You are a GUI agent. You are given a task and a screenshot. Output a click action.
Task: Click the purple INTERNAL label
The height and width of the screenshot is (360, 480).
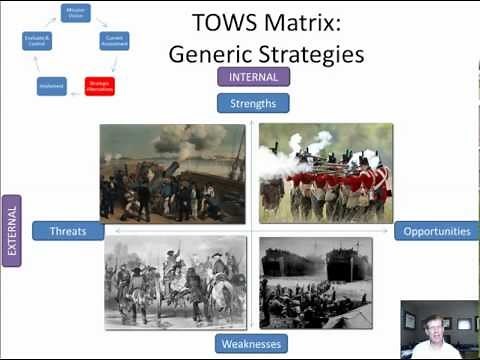coord(253,76)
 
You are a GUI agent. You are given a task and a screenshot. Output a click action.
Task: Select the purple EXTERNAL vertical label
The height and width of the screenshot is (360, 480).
coord(13,231)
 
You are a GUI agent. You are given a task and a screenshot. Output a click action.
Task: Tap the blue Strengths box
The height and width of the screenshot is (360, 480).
coord(253,102)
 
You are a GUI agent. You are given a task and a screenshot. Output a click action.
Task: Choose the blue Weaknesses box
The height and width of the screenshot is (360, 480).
coord(253,343)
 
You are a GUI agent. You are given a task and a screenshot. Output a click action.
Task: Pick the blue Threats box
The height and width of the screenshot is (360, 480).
coord(68,231)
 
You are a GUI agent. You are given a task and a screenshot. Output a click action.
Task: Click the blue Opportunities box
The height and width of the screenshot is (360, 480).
coord(436,231)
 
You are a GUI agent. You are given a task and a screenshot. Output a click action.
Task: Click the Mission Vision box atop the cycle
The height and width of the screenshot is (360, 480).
coord(75,11)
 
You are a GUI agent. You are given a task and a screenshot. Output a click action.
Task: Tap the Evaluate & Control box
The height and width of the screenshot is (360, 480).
coord(36,41)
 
